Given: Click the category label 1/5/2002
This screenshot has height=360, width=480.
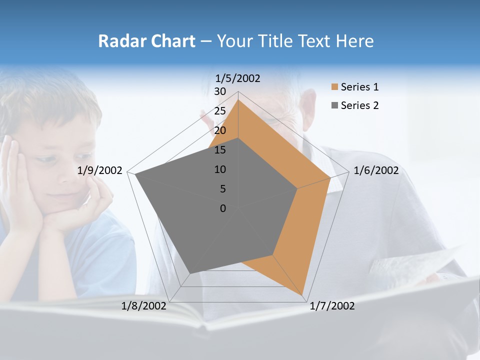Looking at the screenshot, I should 237,78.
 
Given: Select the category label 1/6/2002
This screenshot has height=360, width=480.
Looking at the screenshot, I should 376,170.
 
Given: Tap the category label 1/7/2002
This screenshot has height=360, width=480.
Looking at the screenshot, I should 332,306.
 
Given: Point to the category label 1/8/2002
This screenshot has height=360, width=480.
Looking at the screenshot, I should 144,306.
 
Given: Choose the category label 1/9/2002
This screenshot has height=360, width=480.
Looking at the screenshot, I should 100,170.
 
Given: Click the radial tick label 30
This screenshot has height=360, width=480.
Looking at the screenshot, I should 220,91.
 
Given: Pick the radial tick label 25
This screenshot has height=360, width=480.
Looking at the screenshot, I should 220,111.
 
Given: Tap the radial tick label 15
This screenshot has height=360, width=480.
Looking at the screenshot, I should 220,150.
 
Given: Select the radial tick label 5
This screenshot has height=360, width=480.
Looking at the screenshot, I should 222,189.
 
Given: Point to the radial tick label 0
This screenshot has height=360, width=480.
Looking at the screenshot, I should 223,208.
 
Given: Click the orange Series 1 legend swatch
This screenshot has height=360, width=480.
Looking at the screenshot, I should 334,87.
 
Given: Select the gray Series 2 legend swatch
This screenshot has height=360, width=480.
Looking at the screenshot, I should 334,105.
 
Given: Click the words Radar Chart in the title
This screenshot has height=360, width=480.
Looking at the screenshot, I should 146,41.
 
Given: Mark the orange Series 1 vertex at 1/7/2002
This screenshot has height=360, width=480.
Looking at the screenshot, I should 302,295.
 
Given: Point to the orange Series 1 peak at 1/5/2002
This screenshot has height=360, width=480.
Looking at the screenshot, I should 238,100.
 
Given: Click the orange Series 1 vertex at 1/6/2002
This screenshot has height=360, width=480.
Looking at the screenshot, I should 330,177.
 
